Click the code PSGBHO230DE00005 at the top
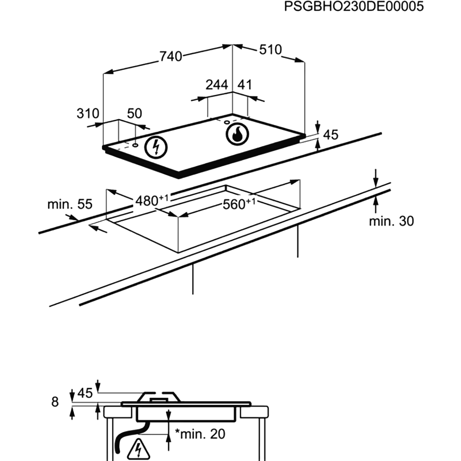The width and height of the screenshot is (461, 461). click(x=354, y=6)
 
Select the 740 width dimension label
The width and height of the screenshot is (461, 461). click(x=171, y=56)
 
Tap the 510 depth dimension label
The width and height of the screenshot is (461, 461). click(x=271, y=50)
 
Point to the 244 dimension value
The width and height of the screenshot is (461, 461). click(x=217, y=85)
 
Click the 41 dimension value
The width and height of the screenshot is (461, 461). click(x=245, y=85)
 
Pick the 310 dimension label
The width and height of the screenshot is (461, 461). click(x=88, y=113)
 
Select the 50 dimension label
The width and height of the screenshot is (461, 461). click(x=134, y=113)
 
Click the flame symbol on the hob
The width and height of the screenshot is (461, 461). click(x=237, y=134)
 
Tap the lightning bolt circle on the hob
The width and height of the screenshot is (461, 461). click(x=156, y=148)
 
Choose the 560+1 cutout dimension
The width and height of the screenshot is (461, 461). click(x=239, y=204)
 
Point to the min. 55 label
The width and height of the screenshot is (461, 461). click(x=70, y=204)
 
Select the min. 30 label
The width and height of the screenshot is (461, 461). click(x=391, y=221)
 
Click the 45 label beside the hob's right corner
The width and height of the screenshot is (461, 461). click(x=331, y=135)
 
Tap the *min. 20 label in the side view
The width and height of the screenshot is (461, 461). click(x=200, y=434)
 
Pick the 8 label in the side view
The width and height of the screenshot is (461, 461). click(x=55, y=402)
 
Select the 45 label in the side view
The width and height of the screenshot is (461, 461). click(x=85, y=393)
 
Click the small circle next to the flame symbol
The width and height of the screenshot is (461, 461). click(x=227, y=122)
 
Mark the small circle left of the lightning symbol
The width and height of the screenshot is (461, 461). click(x=136, y=145)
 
